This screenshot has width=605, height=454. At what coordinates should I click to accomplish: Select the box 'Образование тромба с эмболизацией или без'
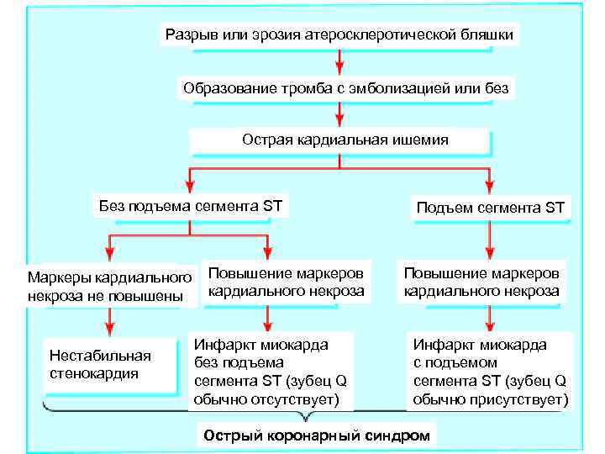click(345, 87)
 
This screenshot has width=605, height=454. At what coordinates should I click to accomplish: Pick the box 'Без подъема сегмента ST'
click(191, 204)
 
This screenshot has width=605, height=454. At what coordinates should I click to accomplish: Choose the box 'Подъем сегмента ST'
click(491, 207)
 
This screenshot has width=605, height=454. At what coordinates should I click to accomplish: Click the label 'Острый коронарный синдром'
click(316, 436)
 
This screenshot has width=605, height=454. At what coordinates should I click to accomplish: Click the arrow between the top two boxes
click(339, 61)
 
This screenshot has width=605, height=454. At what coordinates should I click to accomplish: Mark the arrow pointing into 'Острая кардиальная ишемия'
click(339, 114)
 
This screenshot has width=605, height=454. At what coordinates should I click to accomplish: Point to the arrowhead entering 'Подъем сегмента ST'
click(491, 186)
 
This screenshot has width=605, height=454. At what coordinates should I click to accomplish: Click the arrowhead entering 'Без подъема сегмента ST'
click(191, 186)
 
